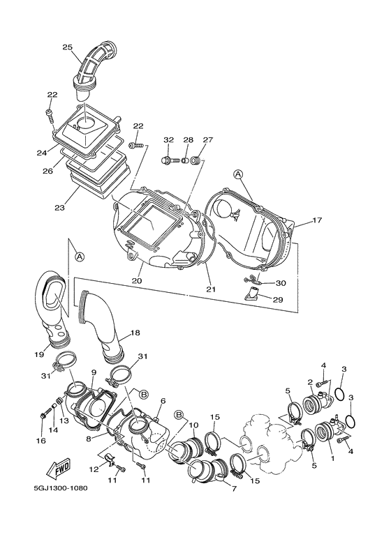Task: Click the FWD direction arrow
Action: [59, 469]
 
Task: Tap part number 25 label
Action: [68, 47]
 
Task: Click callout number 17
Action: [317, 220]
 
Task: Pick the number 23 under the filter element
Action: [59, 208]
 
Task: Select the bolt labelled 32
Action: [170, 160]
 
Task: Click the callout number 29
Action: [277, 300]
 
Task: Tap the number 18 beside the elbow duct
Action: [135, 333]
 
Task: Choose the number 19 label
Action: [39, 354]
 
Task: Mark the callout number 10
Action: [193, 425]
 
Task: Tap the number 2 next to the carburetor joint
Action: [310, 381]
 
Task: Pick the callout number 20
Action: [137, 280]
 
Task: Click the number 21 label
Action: [211, 289]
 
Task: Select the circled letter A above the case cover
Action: [238, 174]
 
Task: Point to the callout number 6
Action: [163, 401]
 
